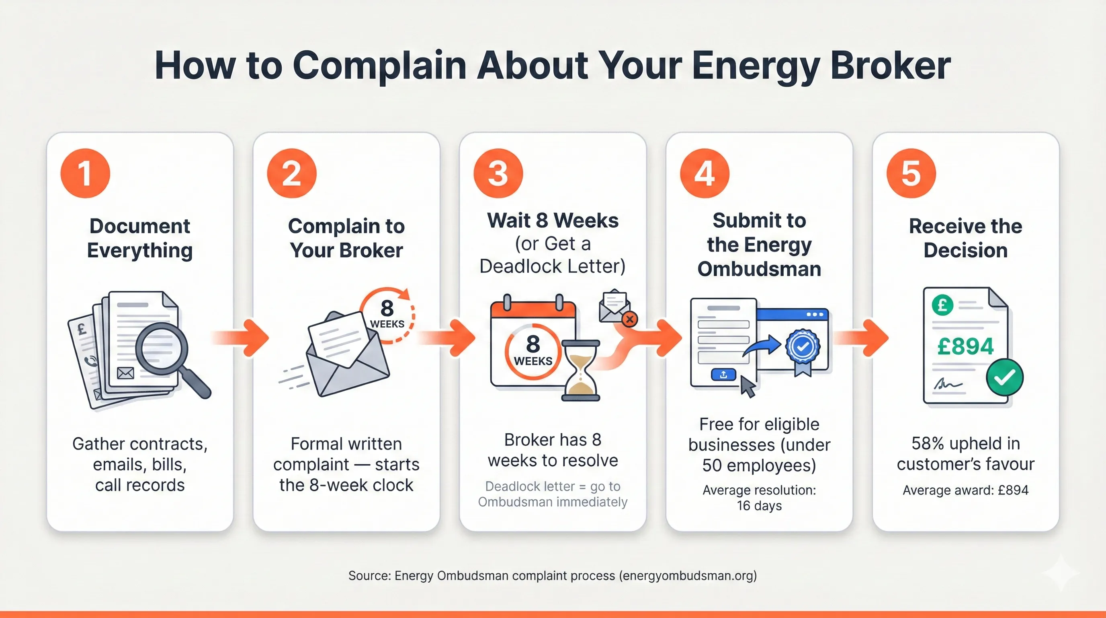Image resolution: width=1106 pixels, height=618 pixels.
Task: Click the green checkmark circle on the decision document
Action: pos(1004,377)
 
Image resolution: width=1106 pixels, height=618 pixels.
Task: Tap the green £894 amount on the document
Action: pos(965,346)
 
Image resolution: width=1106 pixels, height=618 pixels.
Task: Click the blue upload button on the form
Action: pos(723,375)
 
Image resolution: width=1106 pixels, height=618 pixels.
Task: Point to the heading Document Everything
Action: pos(139,238)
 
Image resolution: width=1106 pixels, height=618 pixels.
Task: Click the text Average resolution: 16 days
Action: pos(759,498)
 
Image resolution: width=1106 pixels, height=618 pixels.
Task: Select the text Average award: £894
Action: pos(965,490)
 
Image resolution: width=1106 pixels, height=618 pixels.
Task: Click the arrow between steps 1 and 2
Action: pos(243,338)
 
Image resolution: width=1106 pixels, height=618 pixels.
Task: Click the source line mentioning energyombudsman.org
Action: pos(553,575)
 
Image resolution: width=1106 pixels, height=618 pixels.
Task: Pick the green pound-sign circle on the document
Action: pos(942,305)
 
